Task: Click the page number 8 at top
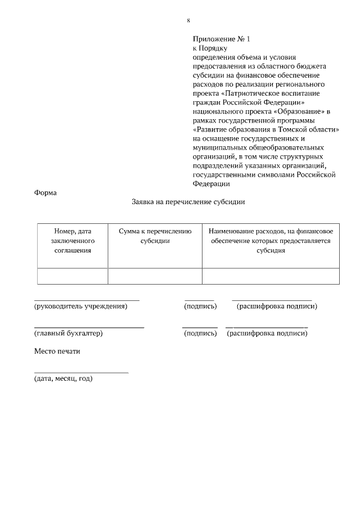pyautogui.click(x=188, y=21)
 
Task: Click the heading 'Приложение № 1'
pyautogui.click(x=220, y=39)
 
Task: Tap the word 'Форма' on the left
pyautogui.click(x=46, y=192)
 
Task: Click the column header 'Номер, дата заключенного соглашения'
pyautogui.click(x=73, y=241)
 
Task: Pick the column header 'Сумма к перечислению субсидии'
pyautogui.click(x=155, y=236)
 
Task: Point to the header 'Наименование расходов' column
pyautogui.click(x=271, y=241)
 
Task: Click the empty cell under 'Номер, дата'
pyautogui.click(x=73, y=276)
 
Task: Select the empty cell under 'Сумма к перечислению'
pyautogui.click(x=155, y=276)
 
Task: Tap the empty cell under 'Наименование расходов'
pyautogui.click(x=271, y=276)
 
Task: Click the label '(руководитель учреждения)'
pyautogui.click(x=80, y=307)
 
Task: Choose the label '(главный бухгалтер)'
pyautogui.click(x=68, y=334)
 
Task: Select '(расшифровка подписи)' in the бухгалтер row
pyautogui.click(x=267, y=334)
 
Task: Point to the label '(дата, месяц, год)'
pyautogui.click(x=63, y=379)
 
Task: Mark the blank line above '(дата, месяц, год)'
pyautogui.click(x=81, y=372)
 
